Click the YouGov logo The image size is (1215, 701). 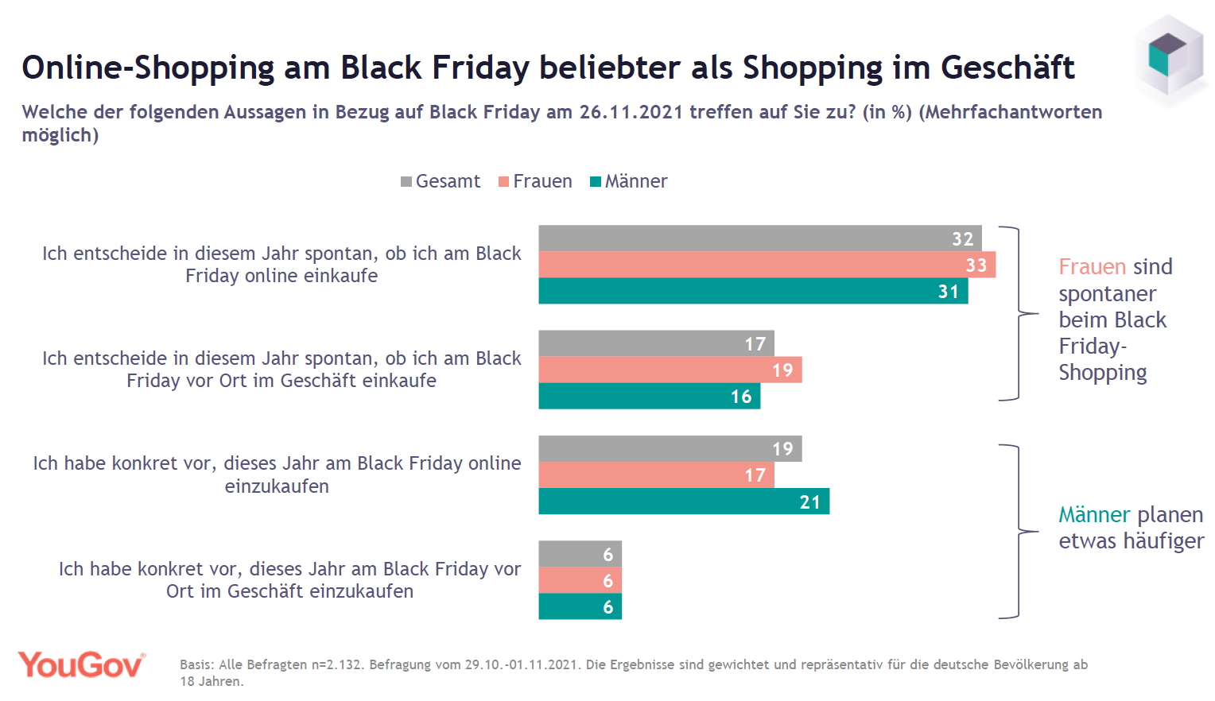(82, 665)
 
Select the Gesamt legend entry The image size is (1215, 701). (441, 181)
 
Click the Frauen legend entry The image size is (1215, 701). (535, 181)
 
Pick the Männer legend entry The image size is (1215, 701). (629, 181)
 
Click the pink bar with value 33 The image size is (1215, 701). (767, 265)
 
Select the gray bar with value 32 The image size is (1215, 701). (759, 238)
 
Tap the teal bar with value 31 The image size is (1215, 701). (753, 291)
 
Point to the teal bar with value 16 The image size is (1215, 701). (649, 396)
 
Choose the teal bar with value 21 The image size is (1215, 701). (684, 502)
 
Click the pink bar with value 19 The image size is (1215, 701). (670, 370)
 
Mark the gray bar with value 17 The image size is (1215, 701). (656, 343)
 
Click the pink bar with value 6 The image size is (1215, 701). (580, 580)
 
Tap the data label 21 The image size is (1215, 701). (809, 502)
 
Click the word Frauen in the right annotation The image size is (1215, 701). (1093, 267)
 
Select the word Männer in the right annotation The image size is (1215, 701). (1093, 515)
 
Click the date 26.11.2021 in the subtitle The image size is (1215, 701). (631, 112)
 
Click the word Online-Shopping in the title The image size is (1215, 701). (148, 68)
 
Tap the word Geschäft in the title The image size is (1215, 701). (1007, 68)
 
